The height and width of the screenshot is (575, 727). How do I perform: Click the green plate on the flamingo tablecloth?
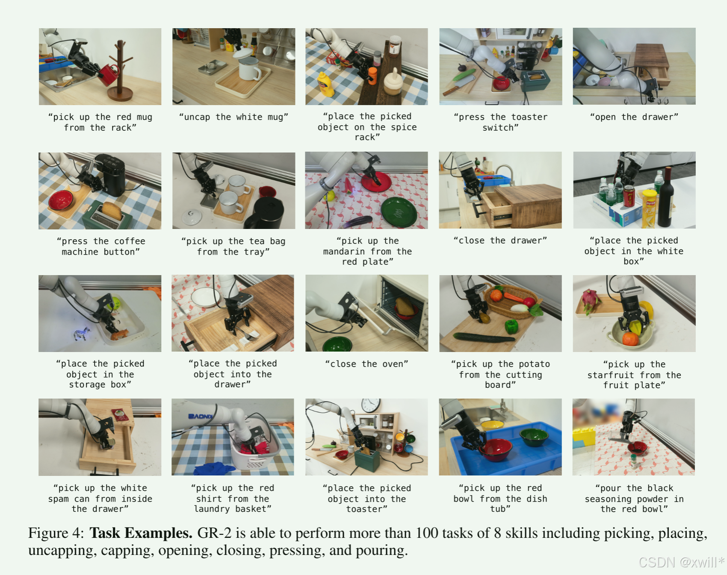[x=399, y=212]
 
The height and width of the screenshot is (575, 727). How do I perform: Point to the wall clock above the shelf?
[x=371, y=405]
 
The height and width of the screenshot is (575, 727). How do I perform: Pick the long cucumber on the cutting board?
[x=484, y=337]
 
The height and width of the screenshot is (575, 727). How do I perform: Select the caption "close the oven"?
[x=366, y=364]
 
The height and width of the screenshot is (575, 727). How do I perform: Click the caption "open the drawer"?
[x=634, y=117]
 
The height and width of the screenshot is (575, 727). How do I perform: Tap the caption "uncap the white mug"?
[x=233, y=117]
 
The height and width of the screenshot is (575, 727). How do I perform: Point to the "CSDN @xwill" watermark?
[x=682, y=562]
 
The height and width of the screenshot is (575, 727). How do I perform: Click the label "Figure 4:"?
[x=56, y=533]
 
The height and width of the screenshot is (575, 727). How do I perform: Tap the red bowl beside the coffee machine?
[x=61, y=200]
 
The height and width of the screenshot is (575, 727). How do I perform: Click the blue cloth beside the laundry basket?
[x=214, y=469]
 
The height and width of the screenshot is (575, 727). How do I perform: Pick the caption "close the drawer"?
[x=500, y=241]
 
